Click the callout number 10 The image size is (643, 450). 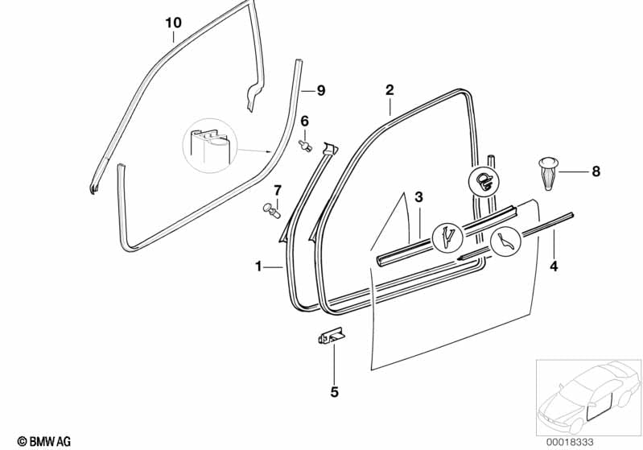173,23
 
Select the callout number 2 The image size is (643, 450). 389,89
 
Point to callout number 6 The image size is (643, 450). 305,121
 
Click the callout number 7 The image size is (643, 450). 278,190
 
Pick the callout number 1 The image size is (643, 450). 258,266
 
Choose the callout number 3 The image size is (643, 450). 418,197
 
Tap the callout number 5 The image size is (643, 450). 335,393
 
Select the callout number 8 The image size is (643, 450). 596,171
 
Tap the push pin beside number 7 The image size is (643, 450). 272,211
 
